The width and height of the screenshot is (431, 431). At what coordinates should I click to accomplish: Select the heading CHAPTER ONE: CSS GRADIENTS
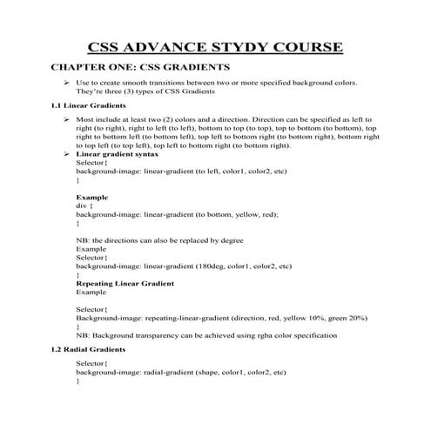140,67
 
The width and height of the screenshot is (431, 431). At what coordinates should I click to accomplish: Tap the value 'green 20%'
333,320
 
